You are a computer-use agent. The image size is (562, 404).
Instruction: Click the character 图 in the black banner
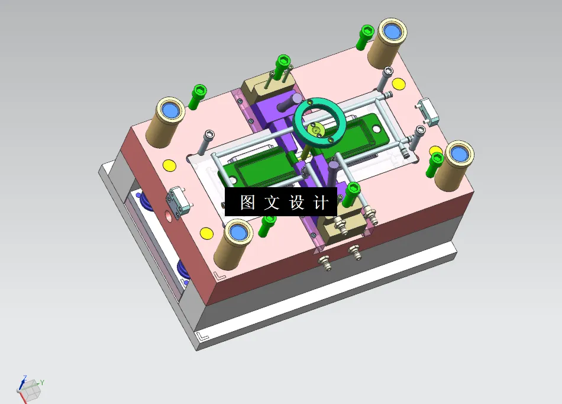(247, 203)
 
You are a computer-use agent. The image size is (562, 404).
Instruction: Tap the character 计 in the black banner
(321, 203)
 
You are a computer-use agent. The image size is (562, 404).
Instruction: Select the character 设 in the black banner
(296, 203)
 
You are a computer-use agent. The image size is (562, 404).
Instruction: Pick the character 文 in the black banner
(272, 203)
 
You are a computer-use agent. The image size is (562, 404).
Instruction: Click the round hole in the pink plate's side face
(172, 216)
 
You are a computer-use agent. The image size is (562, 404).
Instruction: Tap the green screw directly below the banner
(268, 225)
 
